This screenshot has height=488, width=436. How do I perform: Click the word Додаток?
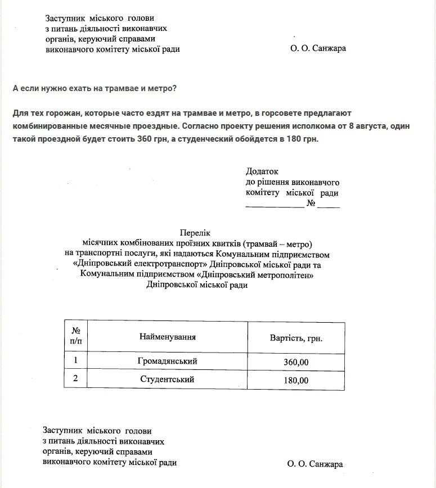point(262,171)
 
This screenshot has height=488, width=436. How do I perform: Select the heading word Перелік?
point(195,232)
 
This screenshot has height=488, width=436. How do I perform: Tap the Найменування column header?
point(168,337)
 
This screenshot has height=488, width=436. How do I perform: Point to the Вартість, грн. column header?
point(296,339)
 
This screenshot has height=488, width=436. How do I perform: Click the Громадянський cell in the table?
point(168,362)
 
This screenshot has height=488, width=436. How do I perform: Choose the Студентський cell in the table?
point(168,379)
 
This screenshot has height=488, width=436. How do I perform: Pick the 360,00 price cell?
point(296,362)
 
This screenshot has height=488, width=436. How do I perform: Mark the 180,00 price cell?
point(296,381)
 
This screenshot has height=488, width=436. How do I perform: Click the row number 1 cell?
point(76,361)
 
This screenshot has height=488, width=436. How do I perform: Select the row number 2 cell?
point(76,379)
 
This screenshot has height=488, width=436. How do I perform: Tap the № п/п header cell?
point(76,336)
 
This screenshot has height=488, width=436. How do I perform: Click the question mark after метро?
point(176,88)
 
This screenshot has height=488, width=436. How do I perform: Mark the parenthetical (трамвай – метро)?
point(277,243)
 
